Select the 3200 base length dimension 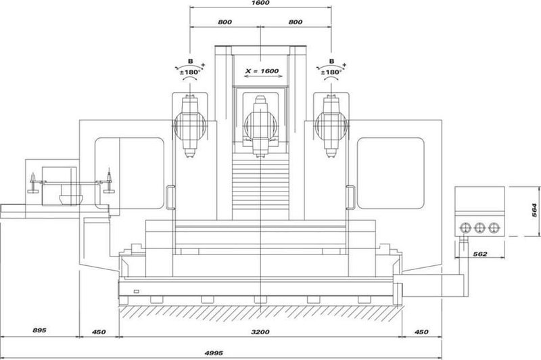point(260,332)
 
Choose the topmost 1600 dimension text point(260,4)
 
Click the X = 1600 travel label point(260,71)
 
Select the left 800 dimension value point(225,22)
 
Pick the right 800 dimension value point(295,22)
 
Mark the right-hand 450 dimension point(421,332)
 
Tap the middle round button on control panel point(480,227)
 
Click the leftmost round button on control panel point(466,227)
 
